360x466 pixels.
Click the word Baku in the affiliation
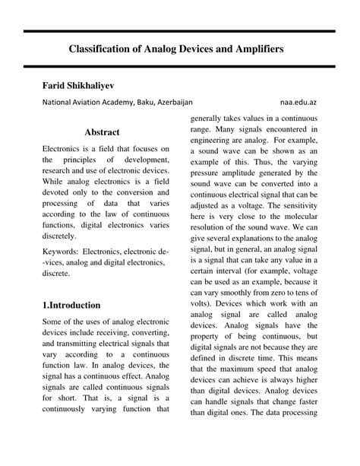pyautogui.click(x=147, y=101)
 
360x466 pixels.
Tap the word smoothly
pyautogui.click(x=242, y=300)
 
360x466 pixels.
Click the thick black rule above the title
pyautogui.click(x=179, y=31)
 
